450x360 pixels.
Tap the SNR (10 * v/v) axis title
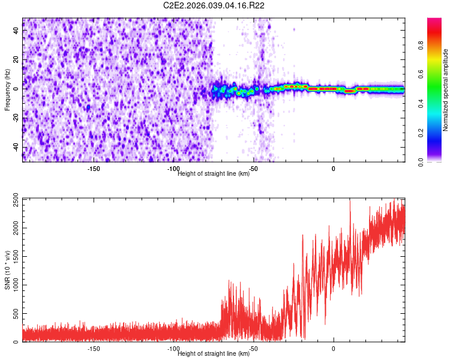[7, 270]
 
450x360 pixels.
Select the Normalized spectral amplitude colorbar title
[446, 90]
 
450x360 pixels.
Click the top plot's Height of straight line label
[214, 173]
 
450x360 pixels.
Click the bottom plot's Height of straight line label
[214, 353]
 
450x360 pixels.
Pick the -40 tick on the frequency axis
[16, 147]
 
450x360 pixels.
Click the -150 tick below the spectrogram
[94, 169]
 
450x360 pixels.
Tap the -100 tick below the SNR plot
[173, 349]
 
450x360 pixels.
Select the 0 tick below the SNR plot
[334, 349]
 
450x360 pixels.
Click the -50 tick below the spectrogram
[253, 169]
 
